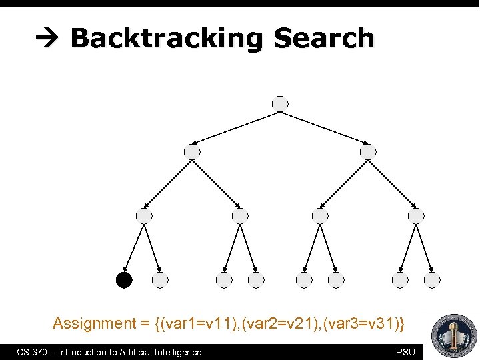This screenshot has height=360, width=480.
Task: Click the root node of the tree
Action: pyautogui.click(x=281, y=103)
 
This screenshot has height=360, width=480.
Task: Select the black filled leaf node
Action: pyautogui.click(x=124, y=280)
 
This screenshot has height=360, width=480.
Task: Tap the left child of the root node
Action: pyautogui.click(x=192, y=152)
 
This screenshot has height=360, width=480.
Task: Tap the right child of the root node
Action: pyautogui.click(x=368, y=152)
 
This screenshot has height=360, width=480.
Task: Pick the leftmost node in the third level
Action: pyautogui.click(x=144, y=215)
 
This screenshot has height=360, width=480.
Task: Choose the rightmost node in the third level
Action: pyautogui.click(x=416, y=215)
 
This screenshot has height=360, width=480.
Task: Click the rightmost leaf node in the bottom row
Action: pyautogui.click(x=432, y=280)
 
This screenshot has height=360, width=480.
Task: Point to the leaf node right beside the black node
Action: pyautogui.click(x=160, y=280)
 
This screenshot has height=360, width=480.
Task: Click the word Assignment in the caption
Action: pyautogui.click(x=94, y=324)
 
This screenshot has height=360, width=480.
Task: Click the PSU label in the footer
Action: pyautogui.click(x=405, y=352)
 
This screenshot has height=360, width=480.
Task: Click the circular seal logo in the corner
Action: pyautogui.click(x=454, y=335)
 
